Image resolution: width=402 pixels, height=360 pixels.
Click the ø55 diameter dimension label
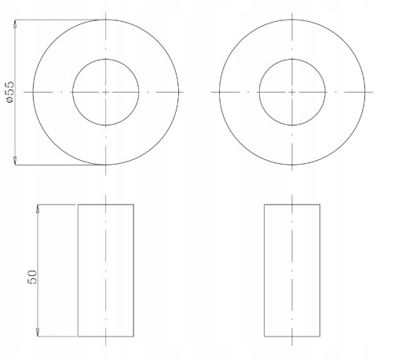pyautogui.click(x=10, y=92)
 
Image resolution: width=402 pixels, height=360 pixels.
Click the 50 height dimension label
pyautogui.click(x=32, y=277)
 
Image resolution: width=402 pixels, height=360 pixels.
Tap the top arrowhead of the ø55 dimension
pyautogui.click(x=15, y=24)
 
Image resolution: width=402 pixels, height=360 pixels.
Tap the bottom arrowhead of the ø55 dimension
pyautogui.click(x=15, y=161)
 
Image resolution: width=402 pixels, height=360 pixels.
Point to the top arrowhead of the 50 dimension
pyautogui.click(x=38, y=209)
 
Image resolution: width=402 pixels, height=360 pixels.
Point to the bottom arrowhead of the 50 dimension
pyautogui.click(x=38, y=332)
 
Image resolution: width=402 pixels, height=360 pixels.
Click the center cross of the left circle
pyautogui.click(x=106, y=92)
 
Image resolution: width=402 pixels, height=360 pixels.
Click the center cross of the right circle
pyautogui.click(x=292, y=92)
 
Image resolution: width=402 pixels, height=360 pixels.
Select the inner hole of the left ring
pyautogui.click(x=106, y=59)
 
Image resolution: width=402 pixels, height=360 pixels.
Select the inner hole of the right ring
pyautogui.click(x=292, y=59)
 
